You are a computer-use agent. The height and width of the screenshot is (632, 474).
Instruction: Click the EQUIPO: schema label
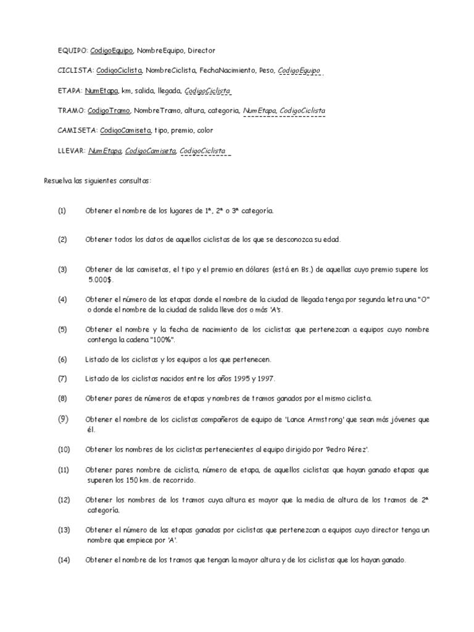point(73,51)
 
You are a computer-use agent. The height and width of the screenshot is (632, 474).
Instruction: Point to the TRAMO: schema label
point(71,110)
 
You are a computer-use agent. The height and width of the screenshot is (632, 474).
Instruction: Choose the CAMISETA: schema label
point(77,131)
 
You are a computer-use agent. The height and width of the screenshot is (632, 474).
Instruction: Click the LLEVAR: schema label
point(71,151)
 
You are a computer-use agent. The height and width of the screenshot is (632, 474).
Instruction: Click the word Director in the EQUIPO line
point(201,51)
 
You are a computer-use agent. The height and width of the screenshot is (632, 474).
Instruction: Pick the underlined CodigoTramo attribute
point(108,110)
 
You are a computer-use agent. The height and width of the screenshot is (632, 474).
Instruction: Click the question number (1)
point(62,210)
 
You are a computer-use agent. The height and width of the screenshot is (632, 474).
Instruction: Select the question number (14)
point(64,560)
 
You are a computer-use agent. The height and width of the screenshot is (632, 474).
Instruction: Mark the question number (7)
point(62,378)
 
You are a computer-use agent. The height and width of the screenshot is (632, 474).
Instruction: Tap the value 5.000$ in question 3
point(99,279)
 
